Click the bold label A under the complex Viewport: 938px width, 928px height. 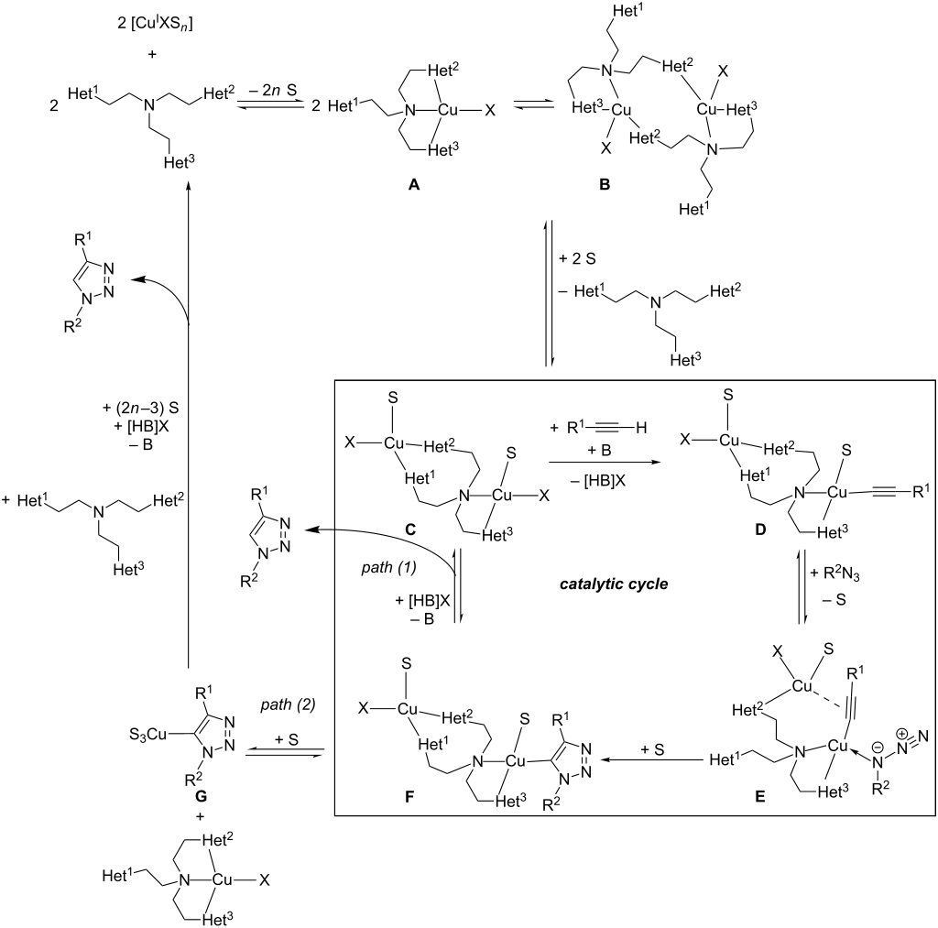(413, 185)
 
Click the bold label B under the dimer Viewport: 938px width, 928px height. (605, 185)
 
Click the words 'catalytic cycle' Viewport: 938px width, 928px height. (614, 584)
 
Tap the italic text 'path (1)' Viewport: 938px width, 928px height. (388, 567)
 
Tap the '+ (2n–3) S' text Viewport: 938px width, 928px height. (140, 409)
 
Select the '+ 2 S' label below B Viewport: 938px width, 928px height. (577, 259)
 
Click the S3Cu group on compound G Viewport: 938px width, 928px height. (147, 734)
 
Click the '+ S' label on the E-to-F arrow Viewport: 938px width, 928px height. (651, 749)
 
